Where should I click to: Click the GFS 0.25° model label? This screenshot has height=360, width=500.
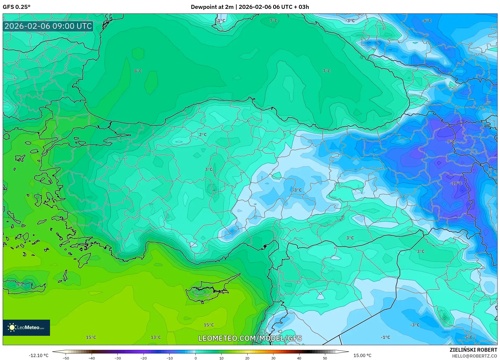(x=16, y=7)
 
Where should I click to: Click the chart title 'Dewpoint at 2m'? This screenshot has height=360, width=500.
(x=212, y=7)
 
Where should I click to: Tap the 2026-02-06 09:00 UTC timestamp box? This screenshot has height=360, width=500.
(x=48, y=26)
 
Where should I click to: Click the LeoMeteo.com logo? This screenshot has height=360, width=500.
(x=26, y=327)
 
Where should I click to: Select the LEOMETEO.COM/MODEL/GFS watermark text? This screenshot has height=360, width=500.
(x=250, y=338)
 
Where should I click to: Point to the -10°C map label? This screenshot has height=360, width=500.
(x=456, y=183)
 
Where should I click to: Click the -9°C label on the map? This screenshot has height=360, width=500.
(x=450, y=142)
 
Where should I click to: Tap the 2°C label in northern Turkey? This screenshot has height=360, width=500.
(x=203, y=135)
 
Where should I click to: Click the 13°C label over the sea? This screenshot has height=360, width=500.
(x=156, y=337)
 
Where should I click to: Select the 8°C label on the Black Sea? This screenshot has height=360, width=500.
(x=138, y=71)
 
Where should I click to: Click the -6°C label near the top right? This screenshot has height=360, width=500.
(x=427, y=21)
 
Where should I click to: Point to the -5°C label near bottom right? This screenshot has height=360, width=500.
(x=468, y=337)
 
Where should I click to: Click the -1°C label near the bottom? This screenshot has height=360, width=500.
(x=385, y=337)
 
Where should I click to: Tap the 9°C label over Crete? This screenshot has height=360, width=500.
(x=20, y=285)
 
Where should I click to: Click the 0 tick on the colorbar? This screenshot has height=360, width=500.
(x=195, y=358)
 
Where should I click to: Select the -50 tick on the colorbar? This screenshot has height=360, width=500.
(x=66, y=358)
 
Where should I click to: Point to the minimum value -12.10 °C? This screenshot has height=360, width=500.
(x=38, y=355)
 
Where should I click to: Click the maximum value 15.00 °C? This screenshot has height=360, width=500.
(x=362, y=355)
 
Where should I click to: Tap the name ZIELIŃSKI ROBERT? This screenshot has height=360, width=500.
(x=473, y=350)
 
